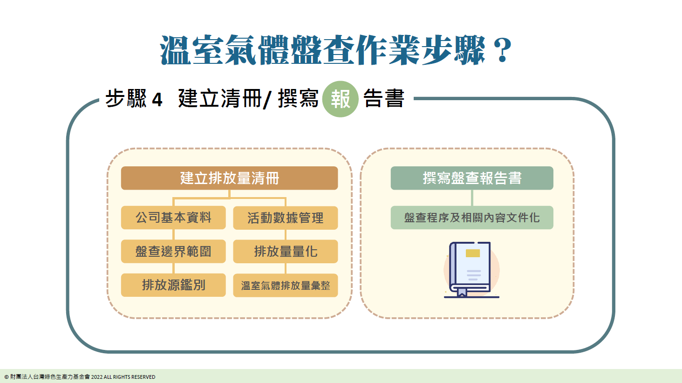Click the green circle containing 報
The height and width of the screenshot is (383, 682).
pos(340,99)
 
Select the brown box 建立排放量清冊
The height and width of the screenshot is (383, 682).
pos(229,178)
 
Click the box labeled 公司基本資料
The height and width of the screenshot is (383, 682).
pos(173,218)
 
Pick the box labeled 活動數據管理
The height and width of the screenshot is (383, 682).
pos(285,218)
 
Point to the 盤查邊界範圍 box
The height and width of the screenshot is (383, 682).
pos(173,252)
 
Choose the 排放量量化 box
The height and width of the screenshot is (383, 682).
pos(285,252)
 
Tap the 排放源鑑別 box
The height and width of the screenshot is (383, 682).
pos(173,285)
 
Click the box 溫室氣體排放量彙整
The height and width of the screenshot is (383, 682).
pos(285,285)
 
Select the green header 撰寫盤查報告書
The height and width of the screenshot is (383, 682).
pos(472,178)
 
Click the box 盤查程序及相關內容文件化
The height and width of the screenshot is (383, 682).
pos(472,218)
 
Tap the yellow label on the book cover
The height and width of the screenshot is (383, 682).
pos(473,253)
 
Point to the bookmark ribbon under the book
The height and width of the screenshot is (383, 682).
pos(462,292)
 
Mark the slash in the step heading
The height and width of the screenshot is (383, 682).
pos(266,99)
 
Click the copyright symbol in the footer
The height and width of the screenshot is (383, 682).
pos(7,377)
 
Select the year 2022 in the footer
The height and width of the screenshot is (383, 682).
pos(97,377)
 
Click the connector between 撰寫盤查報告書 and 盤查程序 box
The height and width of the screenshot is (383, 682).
pos(472,198)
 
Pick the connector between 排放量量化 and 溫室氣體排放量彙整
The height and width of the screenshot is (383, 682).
pos(285,268)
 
